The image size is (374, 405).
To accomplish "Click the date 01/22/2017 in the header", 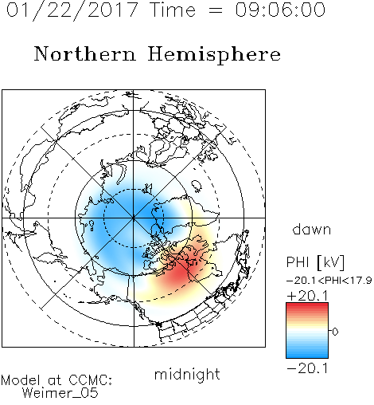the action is [72, 10].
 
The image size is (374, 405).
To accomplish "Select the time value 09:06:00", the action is [280, 10].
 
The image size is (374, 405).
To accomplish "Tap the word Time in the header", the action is [173, 10].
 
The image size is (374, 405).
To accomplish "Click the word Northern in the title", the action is [85, 53].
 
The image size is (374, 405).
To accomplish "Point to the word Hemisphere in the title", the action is [214, 55].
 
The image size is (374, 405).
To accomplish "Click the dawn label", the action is [312, 229].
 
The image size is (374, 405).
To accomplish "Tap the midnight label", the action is [187, 374].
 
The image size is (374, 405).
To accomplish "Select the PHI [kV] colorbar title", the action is [315, 262].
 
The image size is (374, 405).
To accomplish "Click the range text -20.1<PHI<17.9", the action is [329, 281].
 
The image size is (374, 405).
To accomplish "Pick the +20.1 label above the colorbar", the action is [308, 296].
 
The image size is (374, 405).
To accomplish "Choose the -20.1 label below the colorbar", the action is [308, 368].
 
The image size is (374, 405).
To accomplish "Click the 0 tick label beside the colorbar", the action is [335, 332].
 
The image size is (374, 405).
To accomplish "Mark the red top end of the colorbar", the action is [307, 305].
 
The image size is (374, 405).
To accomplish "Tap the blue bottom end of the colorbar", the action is [307, 356].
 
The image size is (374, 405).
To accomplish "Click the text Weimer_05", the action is [60, 393].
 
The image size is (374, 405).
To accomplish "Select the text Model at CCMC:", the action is [56, 380].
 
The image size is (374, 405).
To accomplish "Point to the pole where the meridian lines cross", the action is [134, 218].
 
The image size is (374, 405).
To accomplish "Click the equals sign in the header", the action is [216, 10].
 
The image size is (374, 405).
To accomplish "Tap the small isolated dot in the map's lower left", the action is [55, 281].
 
